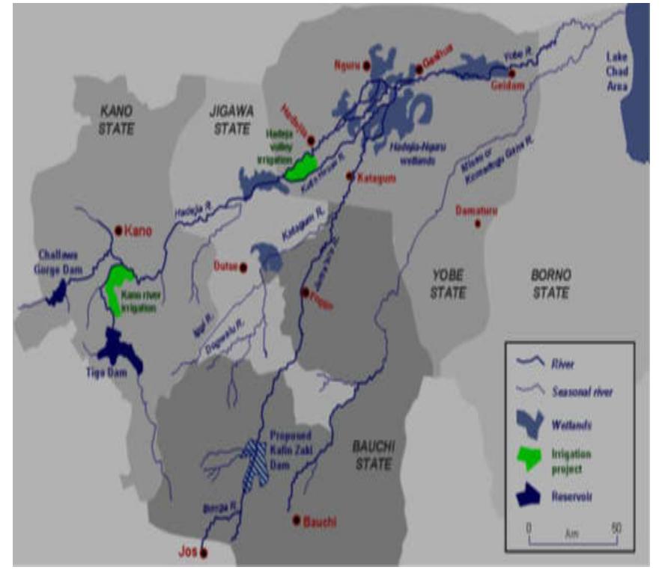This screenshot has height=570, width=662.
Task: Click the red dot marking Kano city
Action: (x=118, y=230)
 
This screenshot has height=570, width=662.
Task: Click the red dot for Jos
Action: (x=204, y=553)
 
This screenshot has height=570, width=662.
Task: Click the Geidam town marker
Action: (x=511, y=73)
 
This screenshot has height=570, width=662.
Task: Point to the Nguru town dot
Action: (x=366, y=66)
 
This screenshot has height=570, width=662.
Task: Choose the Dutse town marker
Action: (x=243, y=266)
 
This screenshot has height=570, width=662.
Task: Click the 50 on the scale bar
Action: (x=616, y=527)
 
